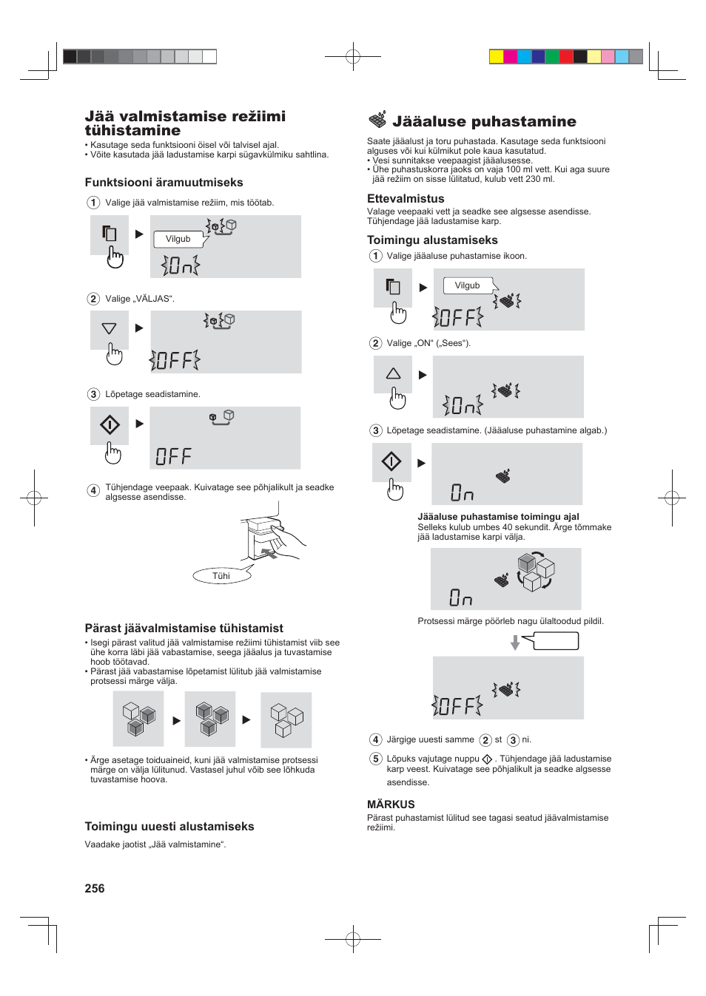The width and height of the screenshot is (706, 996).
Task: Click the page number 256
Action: point(95,888)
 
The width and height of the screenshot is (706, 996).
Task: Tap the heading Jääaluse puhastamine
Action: point(484,122)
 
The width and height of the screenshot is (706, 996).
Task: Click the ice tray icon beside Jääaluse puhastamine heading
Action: point(377,120)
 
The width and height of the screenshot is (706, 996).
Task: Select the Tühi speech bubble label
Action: point(221,576)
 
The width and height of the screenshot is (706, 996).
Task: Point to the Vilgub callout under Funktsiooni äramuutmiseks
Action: point(178,239)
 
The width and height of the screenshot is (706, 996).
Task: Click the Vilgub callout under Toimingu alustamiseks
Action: point(467,285)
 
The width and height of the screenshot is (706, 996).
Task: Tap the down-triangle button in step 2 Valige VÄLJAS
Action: point(110,328)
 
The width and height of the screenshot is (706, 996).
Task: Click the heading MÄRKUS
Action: point(391,804)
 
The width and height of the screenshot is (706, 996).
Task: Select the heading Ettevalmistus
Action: point(406,199)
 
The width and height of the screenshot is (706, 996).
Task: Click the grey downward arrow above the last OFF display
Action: point(515,643)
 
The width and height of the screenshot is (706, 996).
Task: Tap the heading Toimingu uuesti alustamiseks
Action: point(169,827)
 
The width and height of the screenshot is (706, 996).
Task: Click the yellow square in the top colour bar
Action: point(497,57)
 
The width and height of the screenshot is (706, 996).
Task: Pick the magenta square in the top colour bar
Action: point(511,57)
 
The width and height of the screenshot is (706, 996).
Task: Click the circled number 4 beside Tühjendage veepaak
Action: point(93,490)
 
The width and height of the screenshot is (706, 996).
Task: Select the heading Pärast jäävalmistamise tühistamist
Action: point(184,629)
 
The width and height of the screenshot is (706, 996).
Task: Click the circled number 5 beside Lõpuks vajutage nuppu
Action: point(376,759)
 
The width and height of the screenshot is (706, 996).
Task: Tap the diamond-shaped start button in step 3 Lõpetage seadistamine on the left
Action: point(110,425)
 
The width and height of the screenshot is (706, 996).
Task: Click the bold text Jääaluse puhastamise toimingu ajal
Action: point(498,517)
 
